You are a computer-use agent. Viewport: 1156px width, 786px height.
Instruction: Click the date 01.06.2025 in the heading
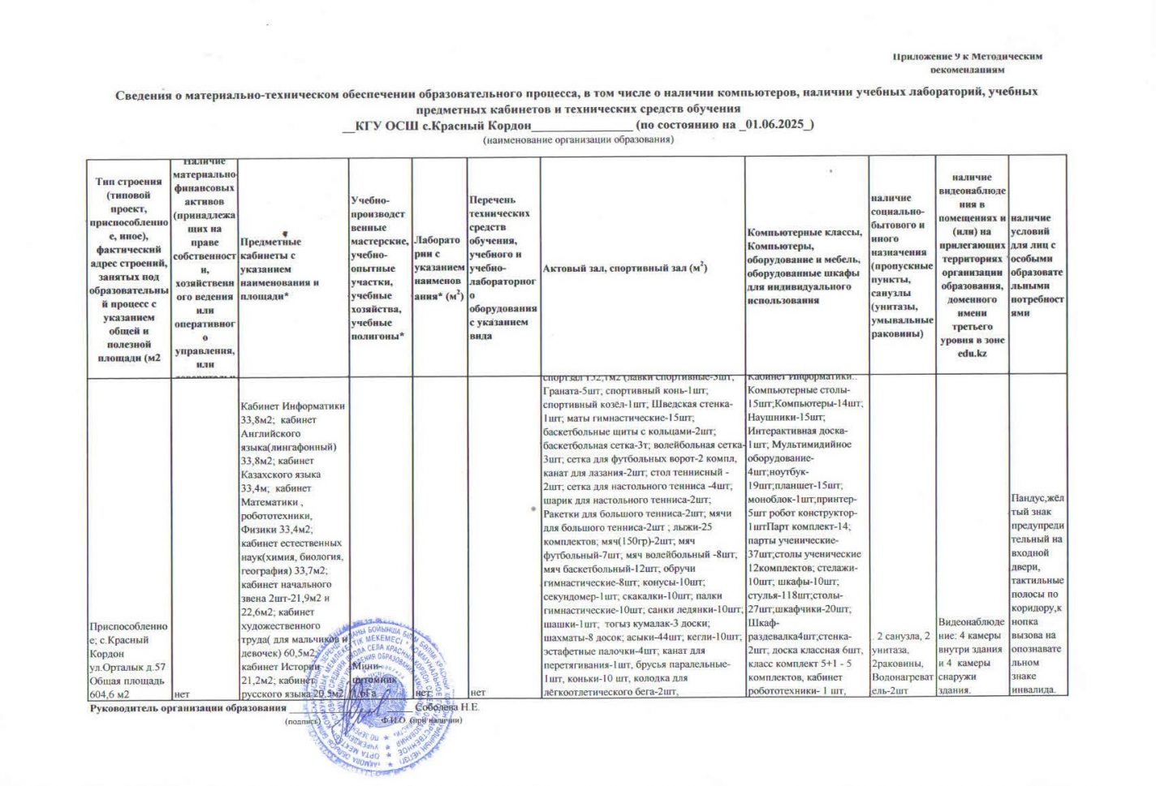775,124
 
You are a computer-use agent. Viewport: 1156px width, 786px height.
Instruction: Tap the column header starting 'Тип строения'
128,268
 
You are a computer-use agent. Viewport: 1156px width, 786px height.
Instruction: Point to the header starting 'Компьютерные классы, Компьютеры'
804,266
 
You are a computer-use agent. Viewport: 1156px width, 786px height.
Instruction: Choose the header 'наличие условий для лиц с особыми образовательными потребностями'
1037,265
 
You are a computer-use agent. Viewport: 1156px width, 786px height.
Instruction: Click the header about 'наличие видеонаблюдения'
972,265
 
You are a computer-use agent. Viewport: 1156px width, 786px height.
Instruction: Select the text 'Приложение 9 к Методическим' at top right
967,57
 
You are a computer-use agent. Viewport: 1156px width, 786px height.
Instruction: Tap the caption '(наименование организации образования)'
578,140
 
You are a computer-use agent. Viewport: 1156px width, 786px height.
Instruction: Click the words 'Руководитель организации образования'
188,708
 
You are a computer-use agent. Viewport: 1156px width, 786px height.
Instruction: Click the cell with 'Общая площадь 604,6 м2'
128,687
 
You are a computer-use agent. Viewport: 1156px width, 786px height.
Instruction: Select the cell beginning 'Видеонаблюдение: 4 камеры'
971,655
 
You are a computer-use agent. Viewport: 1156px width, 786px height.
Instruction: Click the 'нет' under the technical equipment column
478,693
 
